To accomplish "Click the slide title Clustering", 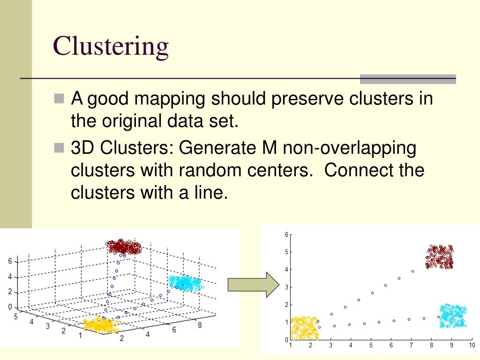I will point(111,46).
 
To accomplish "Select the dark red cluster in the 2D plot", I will point(440,257).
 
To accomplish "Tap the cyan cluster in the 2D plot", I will point(453,316).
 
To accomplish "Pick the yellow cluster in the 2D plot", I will point(304,328).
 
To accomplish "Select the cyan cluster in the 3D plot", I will point(185,283).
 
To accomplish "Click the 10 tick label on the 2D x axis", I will point(472,346).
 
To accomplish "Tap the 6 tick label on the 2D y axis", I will point(286,234).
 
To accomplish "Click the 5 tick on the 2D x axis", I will point(371,346).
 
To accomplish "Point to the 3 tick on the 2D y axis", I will point(286,287).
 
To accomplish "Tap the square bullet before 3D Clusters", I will point(59,148).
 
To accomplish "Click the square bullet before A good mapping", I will point(59,99).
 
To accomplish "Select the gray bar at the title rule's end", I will point(407,79).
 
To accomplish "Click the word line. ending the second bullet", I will point(209,192).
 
